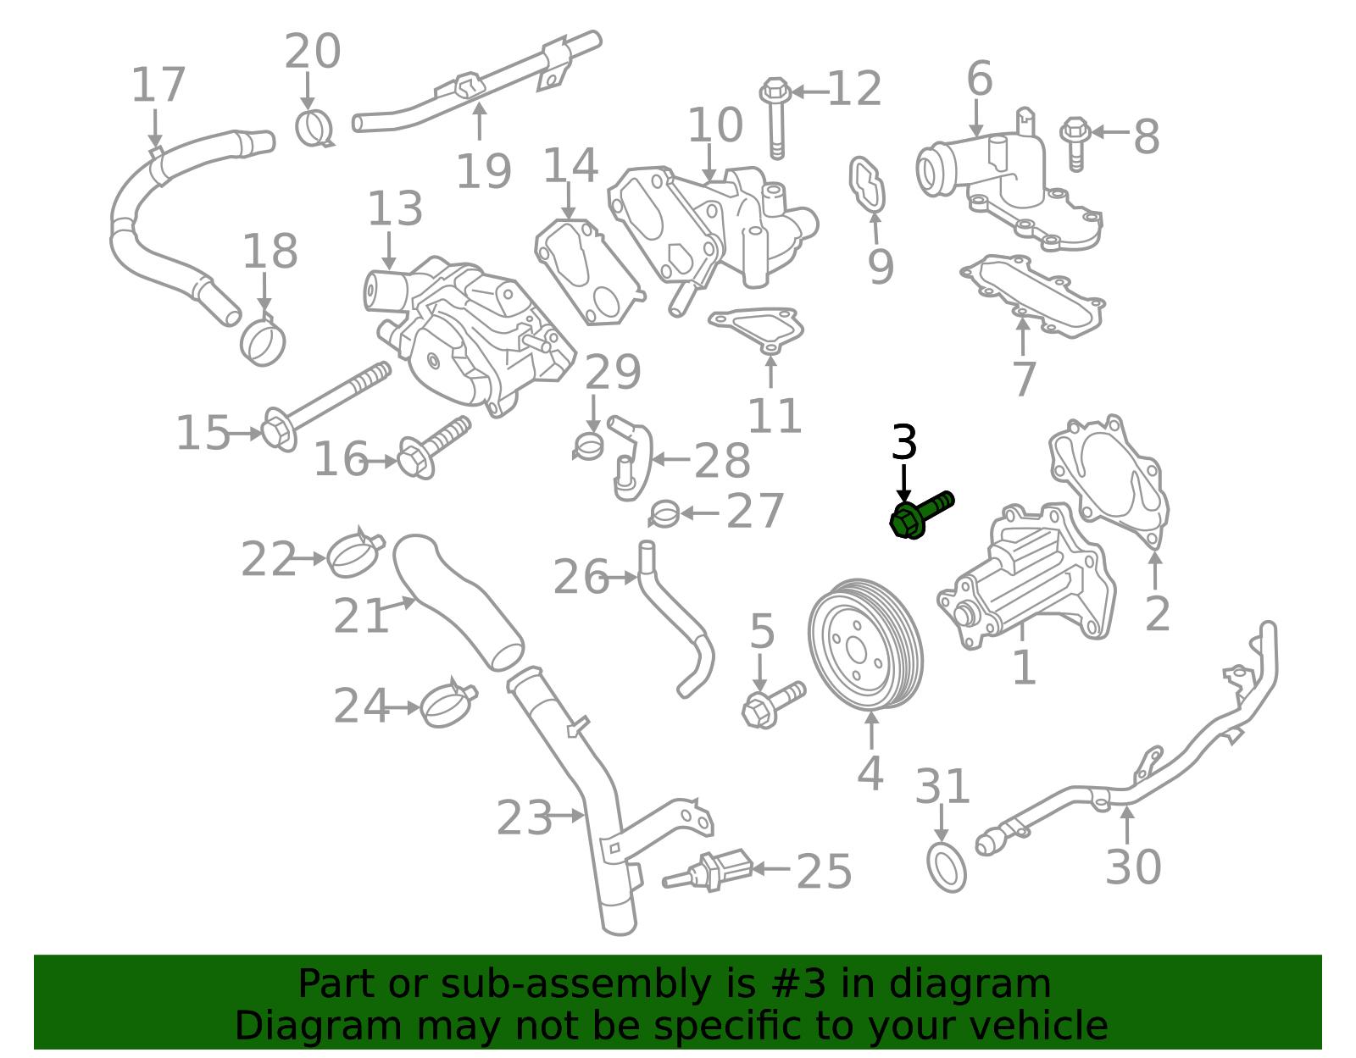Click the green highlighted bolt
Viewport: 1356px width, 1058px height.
point(920,516)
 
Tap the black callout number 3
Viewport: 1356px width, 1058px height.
point(904,442)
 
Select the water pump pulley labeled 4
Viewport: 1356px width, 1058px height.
point(865,644)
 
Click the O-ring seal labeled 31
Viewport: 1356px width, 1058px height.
point(947,867)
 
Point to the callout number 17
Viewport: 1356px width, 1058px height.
point(158,85)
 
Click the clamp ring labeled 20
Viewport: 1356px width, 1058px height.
point(314,128)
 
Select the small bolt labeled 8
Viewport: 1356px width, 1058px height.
point(1075,144)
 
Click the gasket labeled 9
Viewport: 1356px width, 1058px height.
point(867,186)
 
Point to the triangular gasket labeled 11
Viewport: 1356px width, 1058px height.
point(756,329)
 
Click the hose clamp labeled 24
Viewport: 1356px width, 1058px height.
point(448,704)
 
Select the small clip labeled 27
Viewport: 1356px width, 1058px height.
point(664,513)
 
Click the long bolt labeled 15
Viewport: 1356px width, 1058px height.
point(325,405)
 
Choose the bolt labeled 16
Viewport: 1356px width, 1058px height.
point(434,448)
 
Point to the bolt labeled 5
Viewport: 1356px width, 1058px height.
point(774,705)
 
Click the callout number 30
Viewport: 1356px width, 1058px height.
point(1133,866)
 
